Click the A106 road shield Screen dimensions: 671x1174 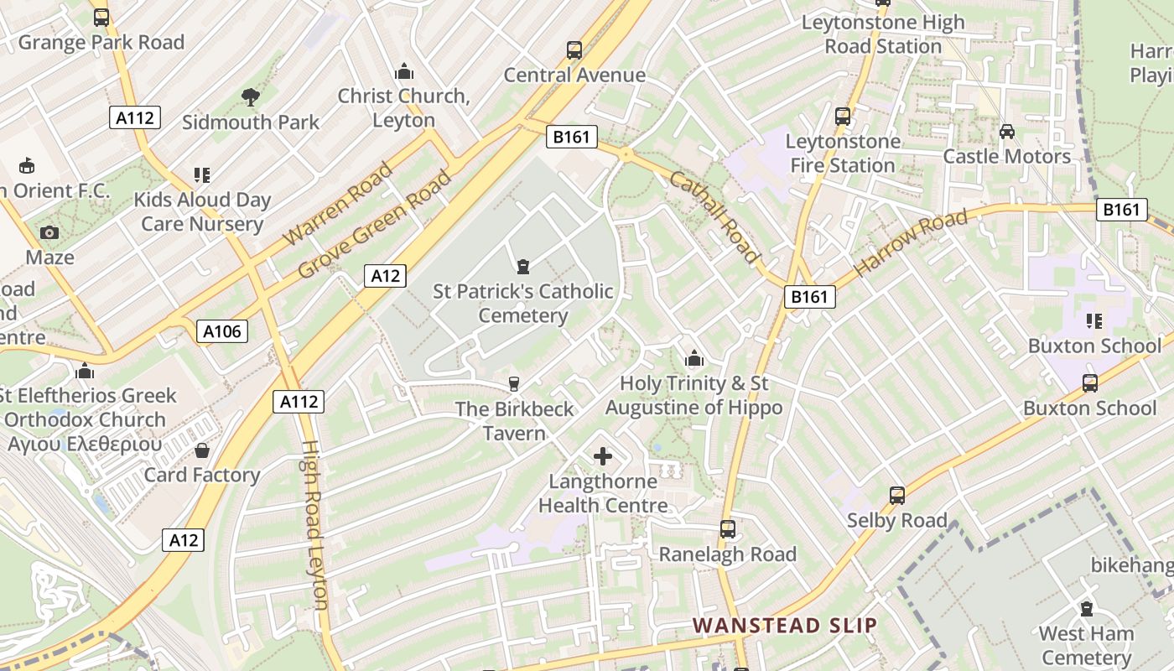[222, 331]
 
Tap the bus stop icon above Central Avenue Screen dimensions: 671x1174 [574, 50]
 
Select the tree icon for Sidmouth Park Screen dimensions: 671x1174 [250, 97]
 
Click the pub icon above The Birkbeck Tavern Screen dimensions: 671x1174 [514, 384]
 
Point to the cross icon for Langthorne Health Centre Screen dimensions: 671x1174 [603, 456]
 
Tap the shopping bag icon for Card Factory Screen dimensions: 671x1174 [202, 451]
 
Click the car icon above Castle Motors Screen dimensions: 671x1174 [1007, 132]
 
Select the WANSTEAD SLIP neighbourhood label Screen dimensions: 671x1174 [785, 625]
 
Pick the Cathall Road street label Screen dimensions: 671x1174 [714, 217]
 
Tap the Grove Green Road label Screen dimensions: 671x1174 [375, 225]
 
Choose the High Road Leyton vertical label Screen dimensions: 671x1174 [313, 525]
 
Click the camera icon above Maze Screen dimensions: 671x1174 [49, 232]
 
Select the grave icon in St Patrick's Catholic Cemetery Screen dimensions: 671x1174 [523, 267]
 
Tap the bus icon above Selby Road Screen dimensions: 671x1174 [897, 496]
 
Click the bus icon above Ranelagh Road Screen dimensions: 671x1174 [728, 530]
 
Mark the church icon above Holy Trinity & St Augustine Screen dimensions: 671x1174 [693, 359]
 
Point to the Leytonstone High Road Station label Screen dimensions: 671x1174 [883, 34]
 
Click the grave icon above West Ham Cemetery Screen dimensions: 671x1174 [1087, 609]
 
